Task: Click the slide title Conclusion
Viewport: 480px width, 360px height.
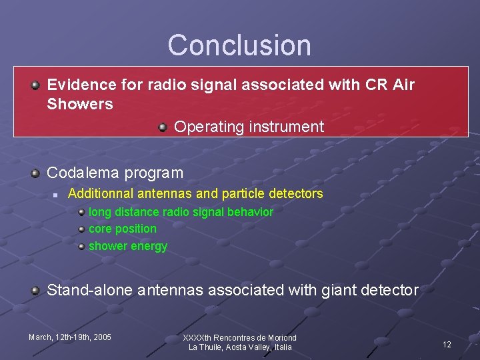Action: tap(239, 45)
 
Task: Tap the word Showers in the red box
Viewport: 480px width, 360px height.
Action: tap(80, 104)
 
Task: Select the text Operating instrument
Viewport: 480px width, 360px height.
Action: tap(249, 127)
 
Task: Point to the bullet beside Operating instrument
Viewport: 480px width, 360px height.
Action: tap(163, 127)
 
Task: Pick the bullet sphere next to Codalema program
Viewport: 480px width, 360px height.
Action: tap(35, 173)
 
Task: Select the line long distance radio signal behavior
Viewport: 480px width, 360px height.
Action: tap(181, 212)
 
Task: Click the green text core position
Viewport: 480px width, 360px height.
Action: tap(123, 229)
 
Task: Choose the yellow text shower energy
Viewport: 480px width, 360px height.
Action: tap(128, 246)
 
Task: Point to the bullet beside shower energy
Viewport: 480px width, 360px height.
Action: tap(81, 246)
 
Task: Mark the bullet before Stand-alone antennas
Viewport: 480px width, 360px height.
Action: tap(35, 290)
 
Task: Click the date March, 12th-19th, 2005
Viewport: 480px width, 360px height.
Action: tap(70, 337)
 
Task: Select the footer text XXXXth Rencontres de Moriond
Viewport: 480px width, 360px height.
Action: tap(240, 338)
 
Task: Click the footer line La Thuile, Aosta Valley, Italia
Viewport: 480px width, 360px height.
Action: tap(240, 347)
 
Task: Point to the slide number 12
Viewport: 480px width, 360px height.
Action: tap(447, 345)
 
